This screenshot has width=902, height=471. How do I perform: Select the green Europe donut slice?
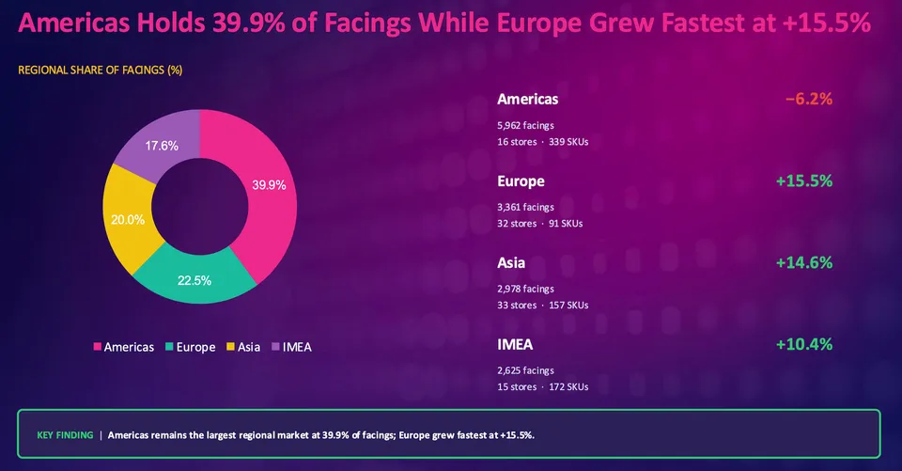click(194, 279)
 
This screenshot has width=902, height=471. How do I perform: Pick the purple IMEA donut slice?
click(161, 144)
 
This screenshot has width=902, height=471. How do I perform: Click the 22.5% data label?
click(194, 280)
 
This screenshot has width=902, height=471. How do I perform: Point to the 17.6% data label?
click(162, 146)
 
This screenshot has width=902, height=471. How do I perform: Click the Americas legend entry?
click(124, 347)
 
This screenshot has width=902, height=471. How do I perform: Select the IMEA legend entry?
click(291, 347)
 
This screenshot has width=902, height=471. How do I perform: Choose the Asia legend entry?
click(243, 347)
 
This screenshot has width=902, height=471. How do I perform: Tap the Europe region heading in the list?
click(521, 181)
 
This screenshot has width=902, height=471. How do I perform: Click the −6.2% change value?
click(809, 99)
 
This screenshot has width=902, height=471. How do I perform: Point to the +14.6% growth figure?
click(804, 262)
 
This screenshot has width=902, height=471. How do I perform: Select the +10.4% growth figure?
click(804, 344)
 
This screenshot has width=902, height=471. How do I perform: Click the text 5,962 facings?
click(526, 126)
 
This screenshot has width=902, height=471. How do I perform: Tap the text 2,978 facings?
click(526, 289)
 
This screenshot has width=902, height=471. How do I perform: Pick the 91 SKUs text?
click(566, 224)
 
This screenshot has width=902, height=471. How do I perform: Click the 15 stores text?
click(517, 387)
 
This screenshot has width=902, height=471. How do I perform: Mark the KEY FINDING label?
click(65, 435)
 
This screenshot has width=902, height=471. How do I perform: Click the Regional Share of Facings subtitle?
click(101, 71)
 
